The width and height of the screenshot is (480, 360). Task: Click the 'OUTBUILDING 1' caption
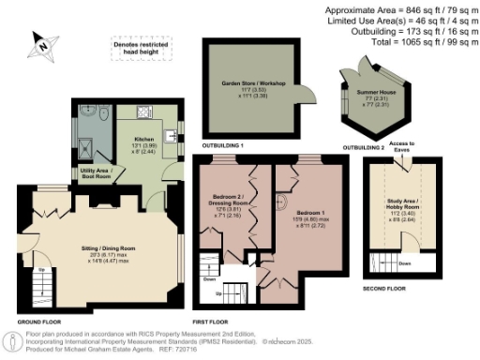[221, 147]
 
